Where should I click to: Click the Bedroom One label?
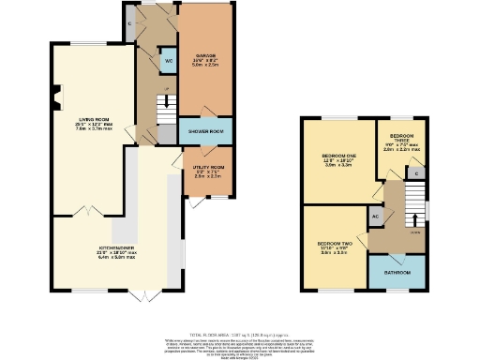point(337,154)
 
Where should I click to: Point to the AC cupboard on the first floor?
point(375,216)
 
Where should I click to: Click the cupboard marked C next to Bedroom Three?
point(412,173)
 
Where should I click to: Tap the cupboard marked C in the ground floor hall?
point(129,23)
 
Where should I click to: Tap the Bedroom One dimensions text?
point(337,162)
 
